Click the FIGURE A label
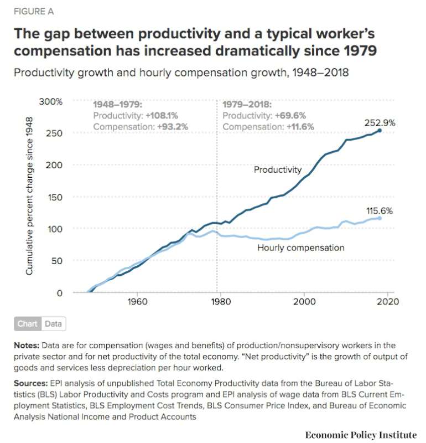(x=34, y=11)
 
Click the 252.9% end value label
(x=380, y=123)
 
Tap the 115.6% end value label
(x=380, y=211)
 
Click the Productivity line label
(x=278, y=170)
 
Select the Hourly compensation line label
(x=300, y=248)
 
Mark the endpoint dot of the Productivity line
(x=380, y=131)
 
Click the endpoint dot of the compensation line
(x=380, y=218)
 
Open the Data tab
(x=54, y=324)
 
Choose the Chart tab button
(x=27, y=324)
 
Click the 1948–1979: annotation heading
(x=117, y=105)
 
